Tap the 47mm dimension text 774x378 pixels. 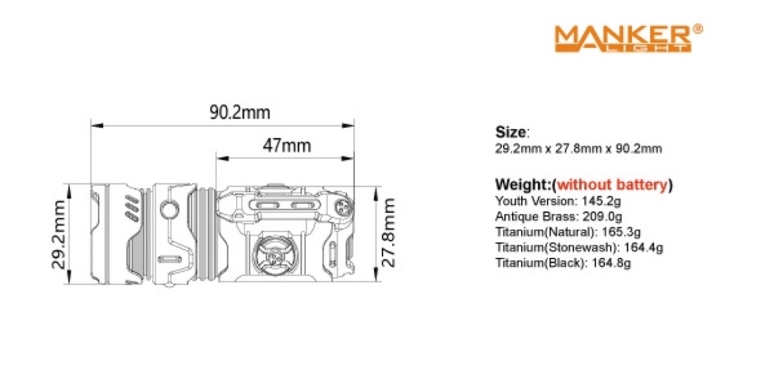287,145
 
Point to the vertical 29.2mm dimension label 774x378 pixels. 60,233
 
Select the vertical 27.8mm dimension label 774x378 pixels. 388,233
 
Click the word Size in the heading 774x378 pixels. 511,132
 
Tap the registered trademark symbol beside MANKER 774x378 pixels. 698,29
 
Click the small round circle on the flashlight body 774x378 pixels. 170,210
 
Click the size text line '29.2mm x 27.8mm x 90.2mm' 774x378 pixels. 578,149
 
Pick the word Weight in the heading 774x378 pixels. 517,185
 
